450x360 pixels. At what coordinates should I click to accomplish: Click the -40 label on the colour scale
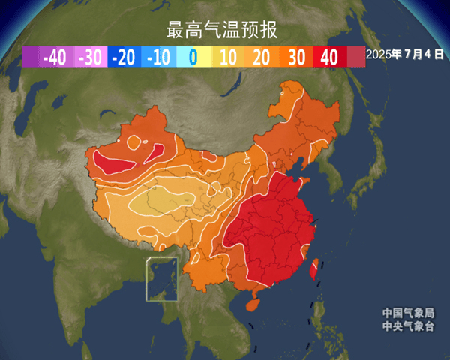pyautogui.click(x=55, y=57)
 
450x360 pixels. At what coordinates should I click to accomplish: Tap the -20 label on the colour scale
pyautogui.click(x=124, y=57)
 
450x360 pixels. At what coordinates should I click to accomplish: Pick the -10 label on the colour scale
pyautogui.click(x=158, y=57)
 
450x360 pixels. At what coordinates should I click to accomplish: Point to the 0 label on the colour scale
pyautogui.click(x=193, y=57)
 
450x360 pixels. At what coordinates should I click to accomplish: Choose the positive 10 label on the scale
pyautogui.click(x=229, y=57)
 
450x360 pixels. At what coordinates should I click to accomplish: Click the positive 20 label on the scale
pyautogui.click(x=262, y=57)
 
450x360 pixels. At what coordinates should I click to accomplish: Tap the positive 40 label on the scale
pyautogui.click(x=329, y=57)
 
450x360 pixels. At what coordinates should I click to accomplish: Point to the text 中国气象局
pyautogui.click(x=408, y=313)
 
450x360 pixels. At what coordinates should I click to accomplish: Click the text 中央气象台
pyautogui.click(x=408, y=325)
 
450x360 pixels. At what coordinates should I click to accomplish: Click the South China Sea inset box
pyautogui.click(x=160, y=278)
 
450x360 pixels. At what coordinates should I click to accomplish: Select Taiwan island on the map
pyautogui.click(x=316, y=265)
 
